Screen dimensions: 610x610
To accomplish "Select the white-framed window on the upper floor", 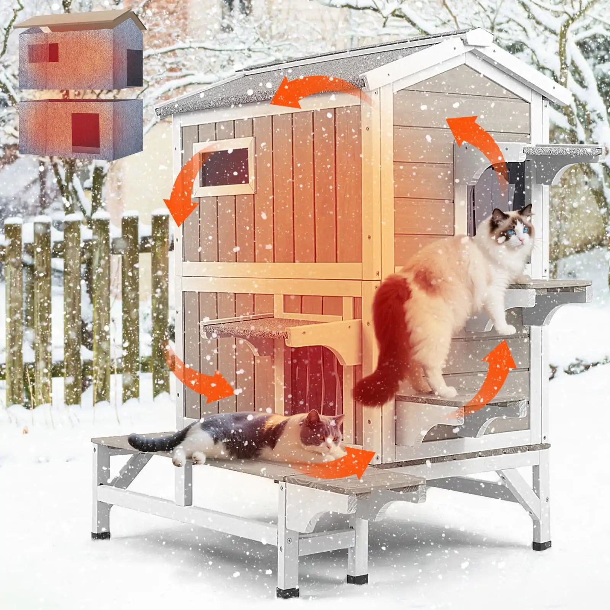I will pyautogui.click(x=224, y=167).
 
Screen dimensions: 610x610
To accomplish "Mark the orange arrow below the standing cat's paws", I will pyautogui.click(x=492, y=377).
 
